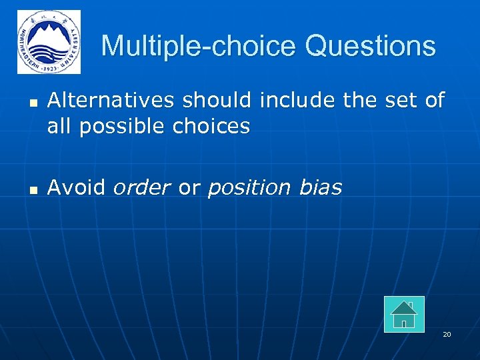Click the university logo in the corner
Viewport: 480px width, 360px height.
tap(49, 42)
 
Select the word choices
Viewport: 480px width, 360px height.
tap(208, 126)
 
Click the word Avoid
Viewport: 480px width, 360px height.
tap(76, 188)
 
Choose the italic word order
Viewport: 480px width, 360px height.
tap(142, 188)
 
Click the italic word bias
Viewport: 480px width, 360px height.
tap(320, 188)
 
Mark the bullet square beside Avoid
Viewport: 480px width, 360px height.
tap(32, 190)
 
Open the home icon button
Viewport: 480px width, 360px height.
tap(404, 314)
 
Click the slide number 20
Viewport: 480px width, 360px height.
tap(447, 334)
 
